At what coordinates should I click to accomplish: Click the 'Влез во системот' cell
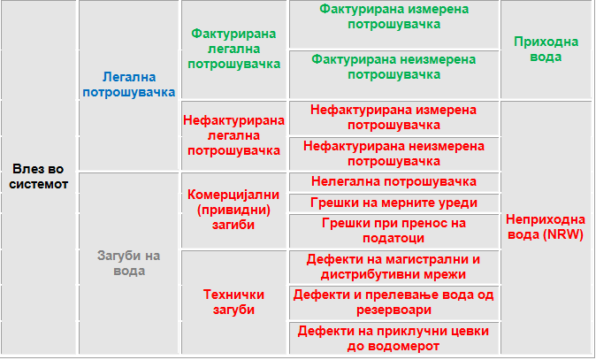[39, 177]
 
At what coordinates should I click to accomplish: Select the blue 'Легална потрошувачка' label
[129, 85]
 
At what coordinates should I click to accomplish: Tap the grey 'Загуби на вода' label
[129, 263]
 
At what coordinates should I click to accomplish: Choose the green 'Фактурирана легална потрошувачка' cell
[233, 49]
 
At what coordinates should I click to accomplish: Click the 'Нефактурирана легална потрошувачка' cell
[233, 135]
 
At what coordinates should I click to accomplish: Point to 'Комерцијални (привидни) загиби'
[233, 210]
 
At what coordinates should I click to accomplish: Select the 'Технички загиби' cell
[233, 302]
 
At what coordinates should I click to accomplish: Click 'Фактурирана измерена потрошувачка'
[394, 17]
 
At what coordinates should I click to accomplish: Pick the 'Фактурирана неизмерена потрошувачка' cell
[394, 67]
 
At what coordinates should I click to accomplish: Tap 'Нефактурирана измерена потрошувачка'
[394, 118]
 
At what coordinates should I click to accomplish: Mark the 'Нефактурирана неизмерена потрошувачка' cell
[394, 154]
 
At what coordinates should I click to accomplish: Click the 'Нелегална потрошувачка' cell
[394, 181]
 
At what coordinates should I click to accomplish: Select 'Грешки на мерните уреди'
[394, 203]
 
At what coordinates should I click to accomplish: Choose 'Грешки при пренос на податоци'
[394, 230]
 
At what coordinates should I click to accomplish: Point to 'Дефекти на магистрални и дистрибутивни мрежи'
[394, 266]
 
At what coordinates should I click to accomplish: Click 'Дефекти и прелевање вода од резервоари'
[394, 303]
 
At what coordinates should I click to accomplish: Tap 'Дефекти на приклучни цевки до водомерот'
[394, 339]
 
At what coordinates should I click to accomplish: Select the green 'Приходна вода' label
[546, 50]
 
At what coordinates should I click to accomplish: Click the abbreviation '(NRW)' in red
[563, 234]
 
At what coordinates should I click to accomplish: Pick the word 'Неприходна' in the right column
[546, 219]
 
